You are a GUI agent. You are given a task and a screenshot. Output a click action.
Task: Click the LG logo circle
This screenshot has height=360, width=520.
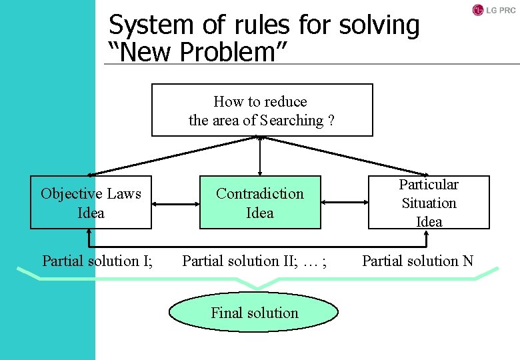click(x=477, y=9)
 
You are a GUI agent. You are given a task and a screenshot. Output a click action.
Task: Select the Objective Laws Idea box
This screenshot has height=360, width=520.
click(x=91, y=203)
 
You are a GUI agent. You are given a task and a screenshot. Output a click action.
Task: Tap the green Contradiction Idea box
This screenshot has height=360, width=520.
click(x=260, y=203)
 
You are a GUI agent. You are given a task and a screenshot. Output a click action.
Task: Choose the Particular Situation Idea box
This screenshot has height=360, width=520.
click(x=429, y=203)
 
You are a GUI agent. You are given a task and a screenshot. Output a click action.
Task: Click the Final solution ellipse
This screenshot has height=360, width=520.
click(x=254, y=313)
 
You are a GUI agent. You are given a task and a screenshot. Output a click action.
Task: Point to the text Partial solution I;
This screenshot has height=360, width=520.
click(x=97, y=261)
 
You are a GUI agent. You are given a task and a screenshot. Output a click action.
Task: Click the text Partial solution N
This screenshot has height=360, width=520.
click(x=417, y=261)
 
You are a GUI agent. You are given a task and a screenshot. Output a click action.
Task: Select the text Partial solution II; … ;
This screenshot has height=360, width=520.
click(x=255, y=261)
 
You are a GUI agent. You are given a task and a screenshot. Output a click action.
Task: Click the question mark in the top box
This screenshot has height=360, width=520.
click(x=331, y=121)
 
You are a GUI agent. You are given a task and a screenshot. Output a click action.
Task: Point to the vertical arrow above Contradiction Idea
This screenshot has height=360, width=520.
click(x=260, y=156)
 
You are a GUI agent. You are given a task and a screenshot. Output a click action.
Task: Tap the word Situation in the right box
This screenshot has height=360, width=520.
click(x=429, y=203)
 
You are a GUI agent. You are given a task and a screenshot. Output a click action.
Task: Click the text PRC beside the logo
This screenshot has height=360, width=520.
click(x=505, y=10)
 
